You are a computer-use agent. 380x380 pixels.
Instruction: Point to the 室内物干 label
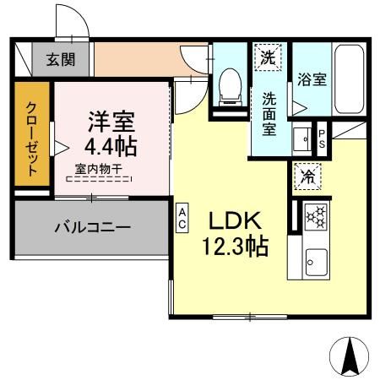[x=99, y=168]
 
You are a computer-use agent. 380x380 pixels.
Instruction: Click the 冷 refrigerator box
[x=307, y=177]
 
